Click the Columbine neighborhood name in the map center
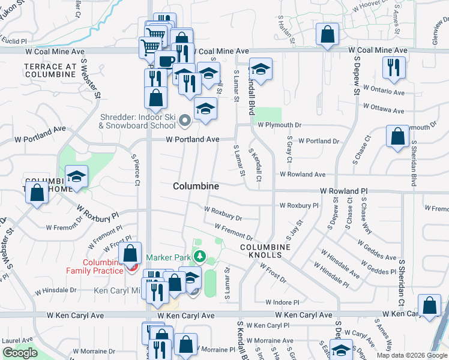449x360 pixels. click(196, 187)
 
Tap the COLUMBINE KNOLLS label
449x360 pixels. click(265, 251)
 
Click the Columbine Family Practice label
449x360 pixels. click(98, 267)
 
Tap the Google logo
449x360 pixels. click(20, 353)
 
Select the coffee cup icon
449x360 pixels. click(166, 61)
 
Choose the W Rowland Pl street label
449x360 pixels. click(343, 191)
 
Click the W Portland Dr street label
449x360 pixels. click(319, 141)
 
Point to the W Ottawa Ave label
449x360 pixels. click(384, 110)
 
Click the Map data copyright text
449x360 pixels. click(412, 355)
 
